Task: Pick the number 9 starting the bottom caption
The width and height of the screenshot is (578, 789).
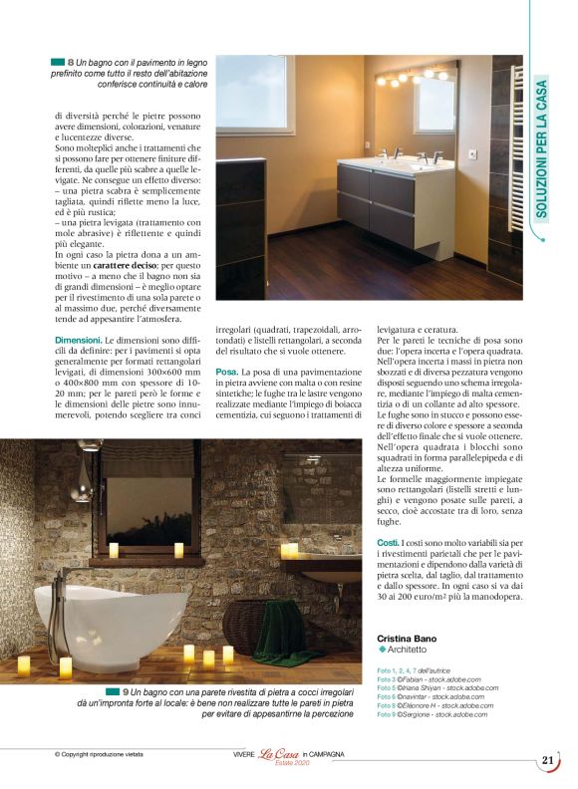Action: tap(126, 691)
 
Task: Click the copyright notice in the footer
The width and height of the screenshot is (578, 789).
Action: tap(99, 755)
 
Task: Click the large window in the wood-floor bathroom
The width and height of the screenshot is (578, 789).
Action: tap(255, 95)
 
